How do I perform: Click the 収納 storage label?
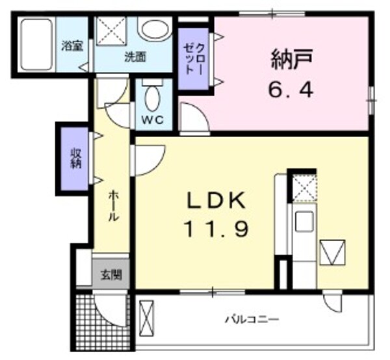pyautogui.click(x=76, y=158)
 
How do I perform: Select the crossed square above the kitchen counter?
pyautogui.click(x=303, y=188)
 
